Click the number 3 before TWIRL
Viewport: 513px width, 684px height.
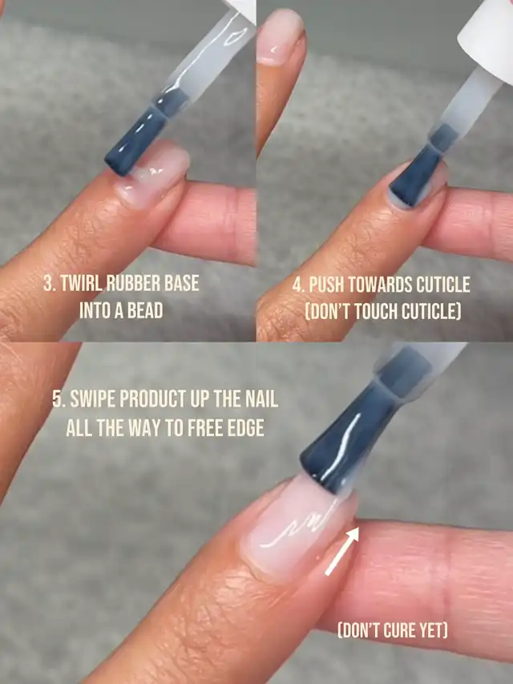coord(48,284)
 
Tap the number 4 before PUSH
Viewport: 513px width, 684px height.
coord(298,285)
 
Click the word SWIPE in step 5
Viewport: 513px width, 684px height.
coord(92,399)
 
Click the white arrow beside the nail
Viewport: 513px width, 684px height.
coord(342,551)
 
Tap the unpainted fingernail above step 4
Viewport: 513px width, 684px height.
coord(279,37)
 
